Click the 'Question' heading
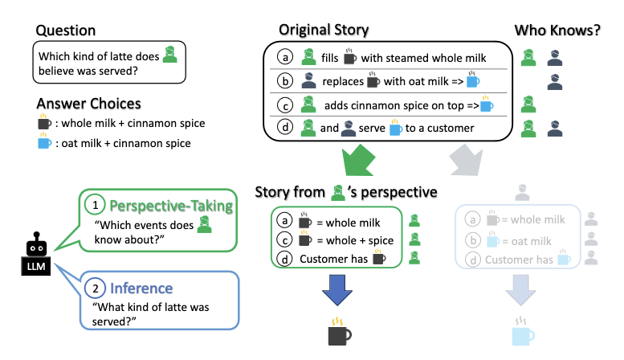click(x=65, y=31)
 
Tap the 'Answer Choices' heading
click(x=88, y=104)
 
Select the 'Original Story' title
click(x=324, y=31)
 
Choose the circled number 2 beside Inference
click(x=96, y=287)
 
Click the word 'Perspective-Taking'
click(x=171, y=207)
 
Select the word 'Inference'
click(x=142, y=287)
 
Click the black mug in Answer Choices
click(x=43, y=124)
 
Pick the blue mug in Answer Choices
click(x=43, y=143)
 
